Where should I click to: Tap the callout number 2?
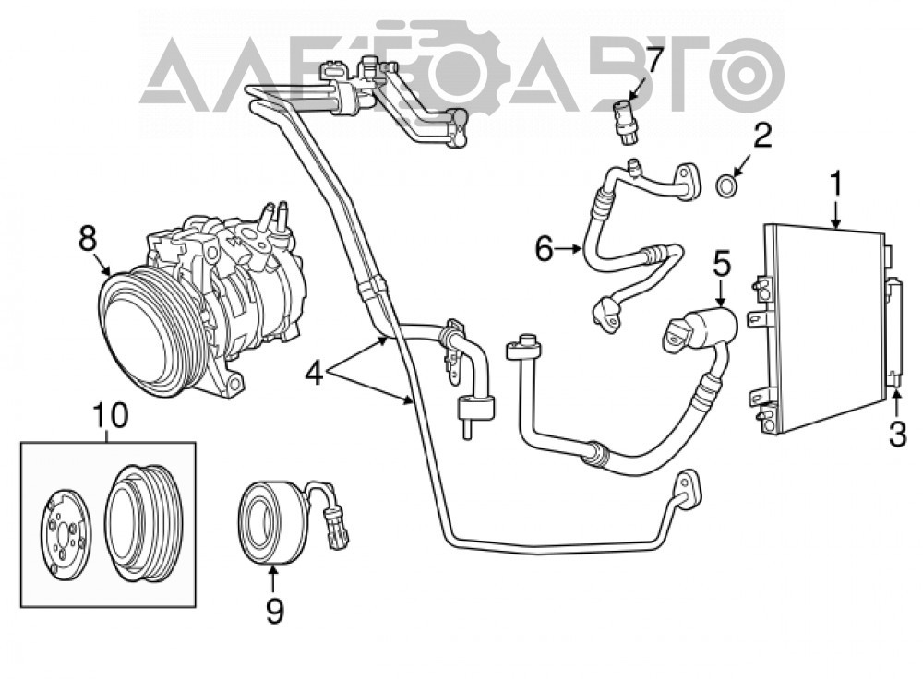click(762, 136)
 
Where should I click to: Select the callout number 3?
click(897, 435)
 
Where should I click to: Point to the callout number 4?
click(315, 373)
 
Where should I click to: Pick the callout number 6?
click(545, 249)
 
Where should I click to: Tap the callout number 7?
click(653, 59)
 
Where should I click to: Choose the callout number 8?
click(87, 239)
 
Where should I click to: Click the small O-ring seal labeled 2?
click(727, 185)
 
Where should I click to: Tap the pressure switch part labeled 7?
click(625, 121)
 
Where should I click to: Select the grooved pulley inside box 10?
click(141, 524)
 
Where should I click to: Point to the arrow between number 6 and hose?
click(569, 249)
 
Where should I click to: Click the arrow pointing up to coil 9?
click(273, 578)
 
